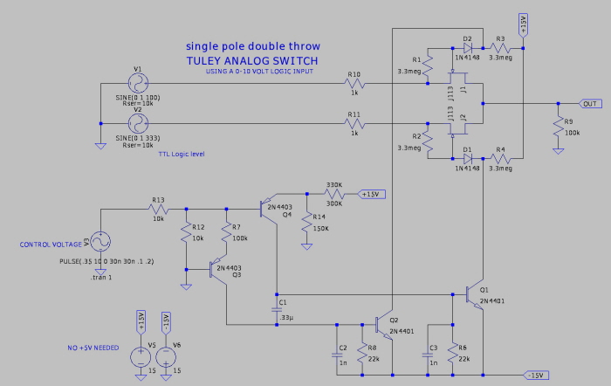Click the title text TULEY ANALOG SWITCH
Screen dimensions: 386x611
click(x=251, y=60)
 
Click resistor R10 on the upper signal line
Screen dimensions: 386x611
click(x=354, y=85)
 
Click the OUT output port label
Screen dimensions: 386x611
click(x=592, y=103)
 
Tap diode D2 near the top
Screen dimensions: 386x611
click(x=468, y=48)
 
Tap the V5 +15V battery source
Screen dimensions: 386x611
click(x=140, y=355)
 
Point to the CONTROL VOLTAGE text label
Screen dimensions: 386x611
click(x=51, y=245)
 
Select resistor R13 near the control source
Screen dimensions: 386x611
click(x=158, y=209)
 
